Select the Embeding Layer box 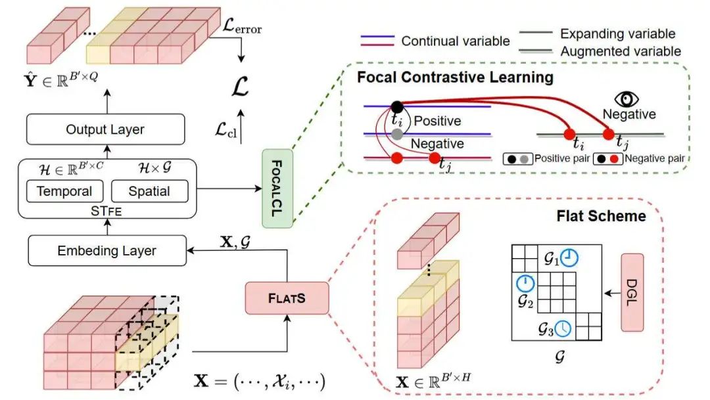point(106,251)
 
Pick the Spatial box point(150,191)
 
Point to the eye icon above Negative point(627,99)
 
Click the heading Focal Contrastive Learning point(455,78)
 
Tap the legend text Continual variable point(456,41)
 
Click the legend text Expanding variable point(617,33)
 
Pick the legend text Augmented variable point(621,50)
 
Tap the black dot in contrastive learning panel point(396,106)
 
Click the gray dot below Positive point(396,134)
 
